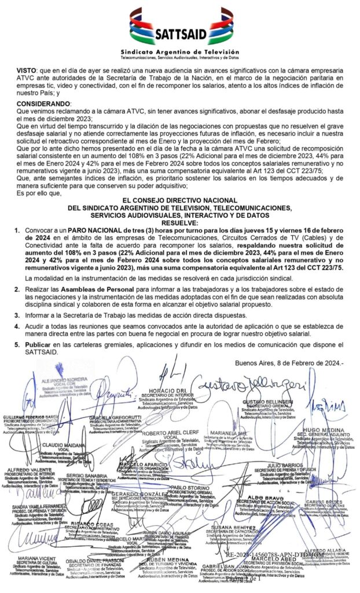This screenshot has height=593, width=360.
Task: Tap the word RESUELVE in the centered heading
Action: (179, 223)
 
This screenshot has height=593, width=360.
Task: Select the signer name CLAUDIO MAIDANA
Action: (60, 445)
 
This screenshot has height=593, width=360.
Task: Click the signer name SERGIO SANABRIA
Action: (85, 475)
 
